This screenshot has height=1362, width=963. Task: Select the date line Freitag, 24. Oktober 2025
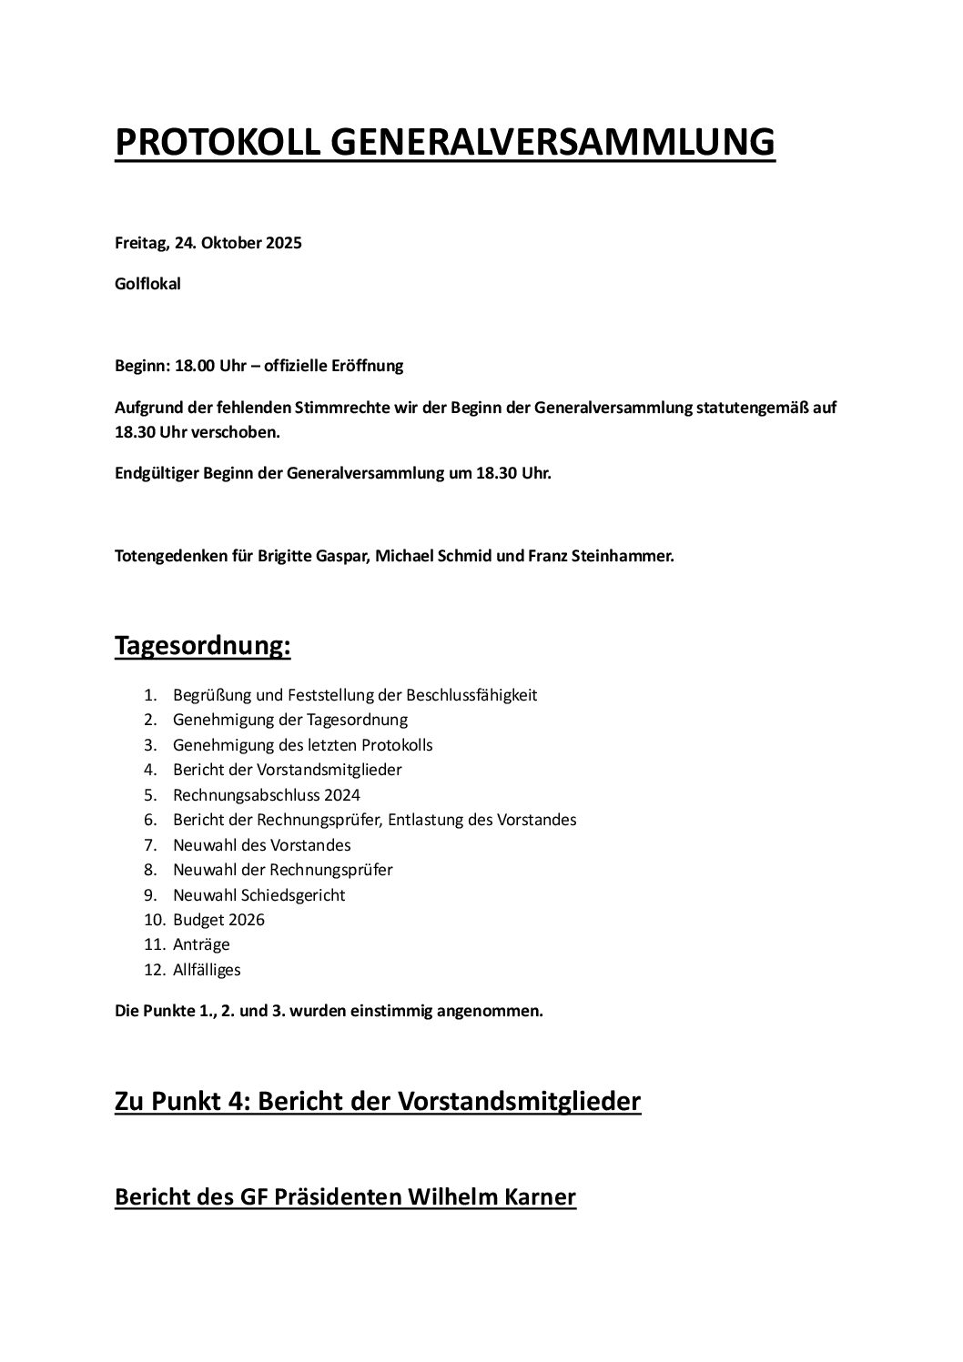pos(208,243)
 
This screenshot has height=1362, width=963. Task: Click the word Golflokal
pos(147,284)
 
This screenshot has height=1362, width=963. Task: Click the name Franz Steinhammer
pos(601,556)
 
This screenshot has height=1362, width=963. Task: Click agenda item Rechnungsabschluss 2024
pos(254,794)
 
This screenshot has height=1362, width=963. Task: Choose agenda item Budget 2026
pos(218,919)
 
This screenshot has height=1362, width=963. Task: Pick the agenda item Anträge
pos(201,944)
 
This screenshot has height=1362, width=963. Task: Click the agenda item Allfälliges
pos(207,969)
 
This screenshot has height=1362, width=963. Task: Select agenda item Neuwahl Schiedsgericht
pos(258,894)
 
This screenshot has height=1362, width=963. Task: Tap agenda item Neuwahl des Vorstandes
pos(261,844)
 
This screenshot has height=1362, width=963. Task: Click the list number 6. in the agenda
pos(151,820)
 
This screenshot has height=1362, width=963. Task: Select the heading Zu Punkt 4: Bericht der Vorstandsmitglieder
pos(378,1101)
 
